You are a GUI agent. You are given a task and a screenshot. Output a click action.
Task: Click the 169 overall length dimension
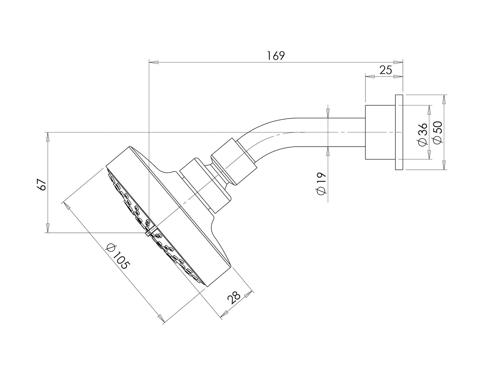[276, 55]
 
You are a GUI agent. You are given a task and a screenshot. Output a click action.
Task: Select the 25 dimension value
[386, 70]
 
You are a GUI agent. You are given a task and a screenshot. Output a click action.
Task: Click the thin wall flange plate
[399, 132]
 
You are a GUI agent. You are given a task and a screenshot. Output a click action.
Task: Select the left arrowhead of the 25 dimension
[369, 76]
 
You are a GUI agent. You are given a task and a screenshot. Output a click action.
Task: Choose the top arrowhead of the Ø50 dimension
[444, 99]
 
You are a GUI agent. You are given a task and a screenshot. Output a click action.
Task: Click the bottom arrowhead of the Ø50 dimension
[444, 165]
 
